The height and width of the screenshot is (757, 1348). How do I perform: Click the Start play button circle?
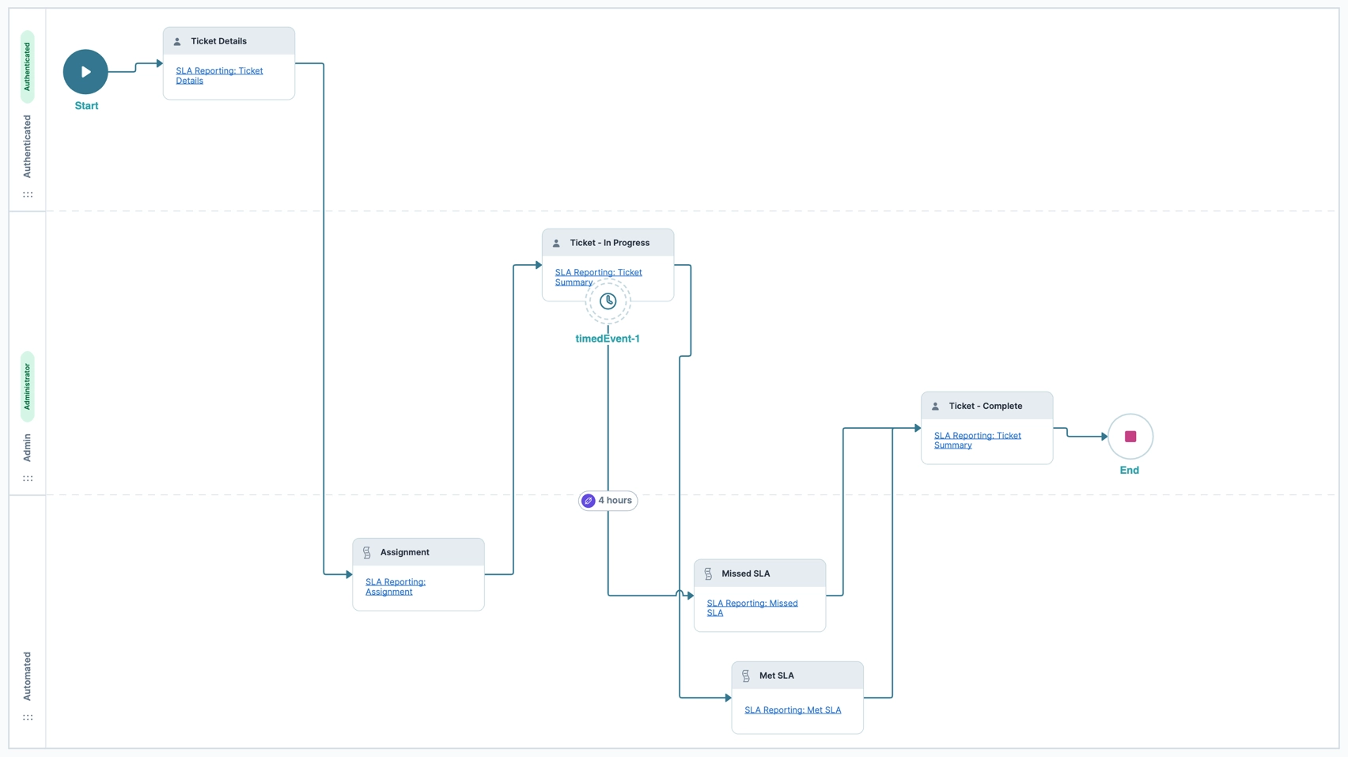[x=85, y=72]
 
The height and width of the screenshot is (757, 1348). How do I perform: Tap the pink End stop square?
[x=1130, y=437]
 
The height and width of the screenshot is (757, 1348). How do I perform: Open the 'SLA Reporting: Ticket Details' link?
[x=219, y=75]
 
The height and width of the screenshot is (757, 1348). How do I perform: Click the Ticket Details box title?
[x=218, y=41]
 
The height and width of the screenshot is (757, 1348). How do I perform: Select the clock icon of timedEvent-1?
[x=608, y=301]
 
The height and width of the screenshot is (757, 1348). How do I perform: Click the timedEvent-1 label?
[x=608, y=339]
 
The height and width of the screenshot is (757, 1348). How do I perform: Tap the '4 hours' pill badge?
[x=608, y=501]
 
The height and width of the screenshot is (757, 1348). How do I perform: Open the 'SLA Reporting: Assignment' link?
[x=395, y=586]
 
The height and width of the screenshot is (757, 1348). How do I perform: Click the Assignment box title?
[x=404, y=552]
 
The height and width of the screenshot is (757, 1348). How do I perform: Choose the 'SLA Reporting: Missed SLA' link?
[x=752, y=607]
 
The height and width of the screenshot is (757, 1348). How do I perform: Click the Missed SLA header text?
[x=745, y=573]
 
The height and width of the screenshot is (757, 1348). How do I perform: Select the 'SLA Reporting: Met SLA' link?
[x=793, y=710]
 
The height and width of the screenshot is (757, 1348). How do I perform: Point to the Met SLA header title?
[x=776, y=676]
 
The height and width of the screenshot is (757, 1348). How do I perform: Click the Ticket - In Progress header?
[x=609, y=243]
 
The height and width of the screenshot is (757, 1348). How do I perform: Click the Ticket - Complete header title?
[x=985, y=406]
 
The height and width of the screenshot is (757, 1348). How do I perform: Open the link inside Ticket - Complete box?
[x=977, y=440]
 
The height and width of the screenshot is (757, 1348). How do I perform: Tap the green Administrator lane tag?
[x=28, y=386]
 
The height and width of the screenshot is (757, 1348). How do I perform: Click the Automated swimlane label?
[x=28, y=676]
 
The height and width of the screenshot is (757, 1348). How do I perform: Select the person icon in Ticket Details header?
[x=177, y=41]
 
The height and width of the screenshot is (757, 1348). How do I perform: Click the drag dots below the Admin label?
[x=28, y=479]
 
